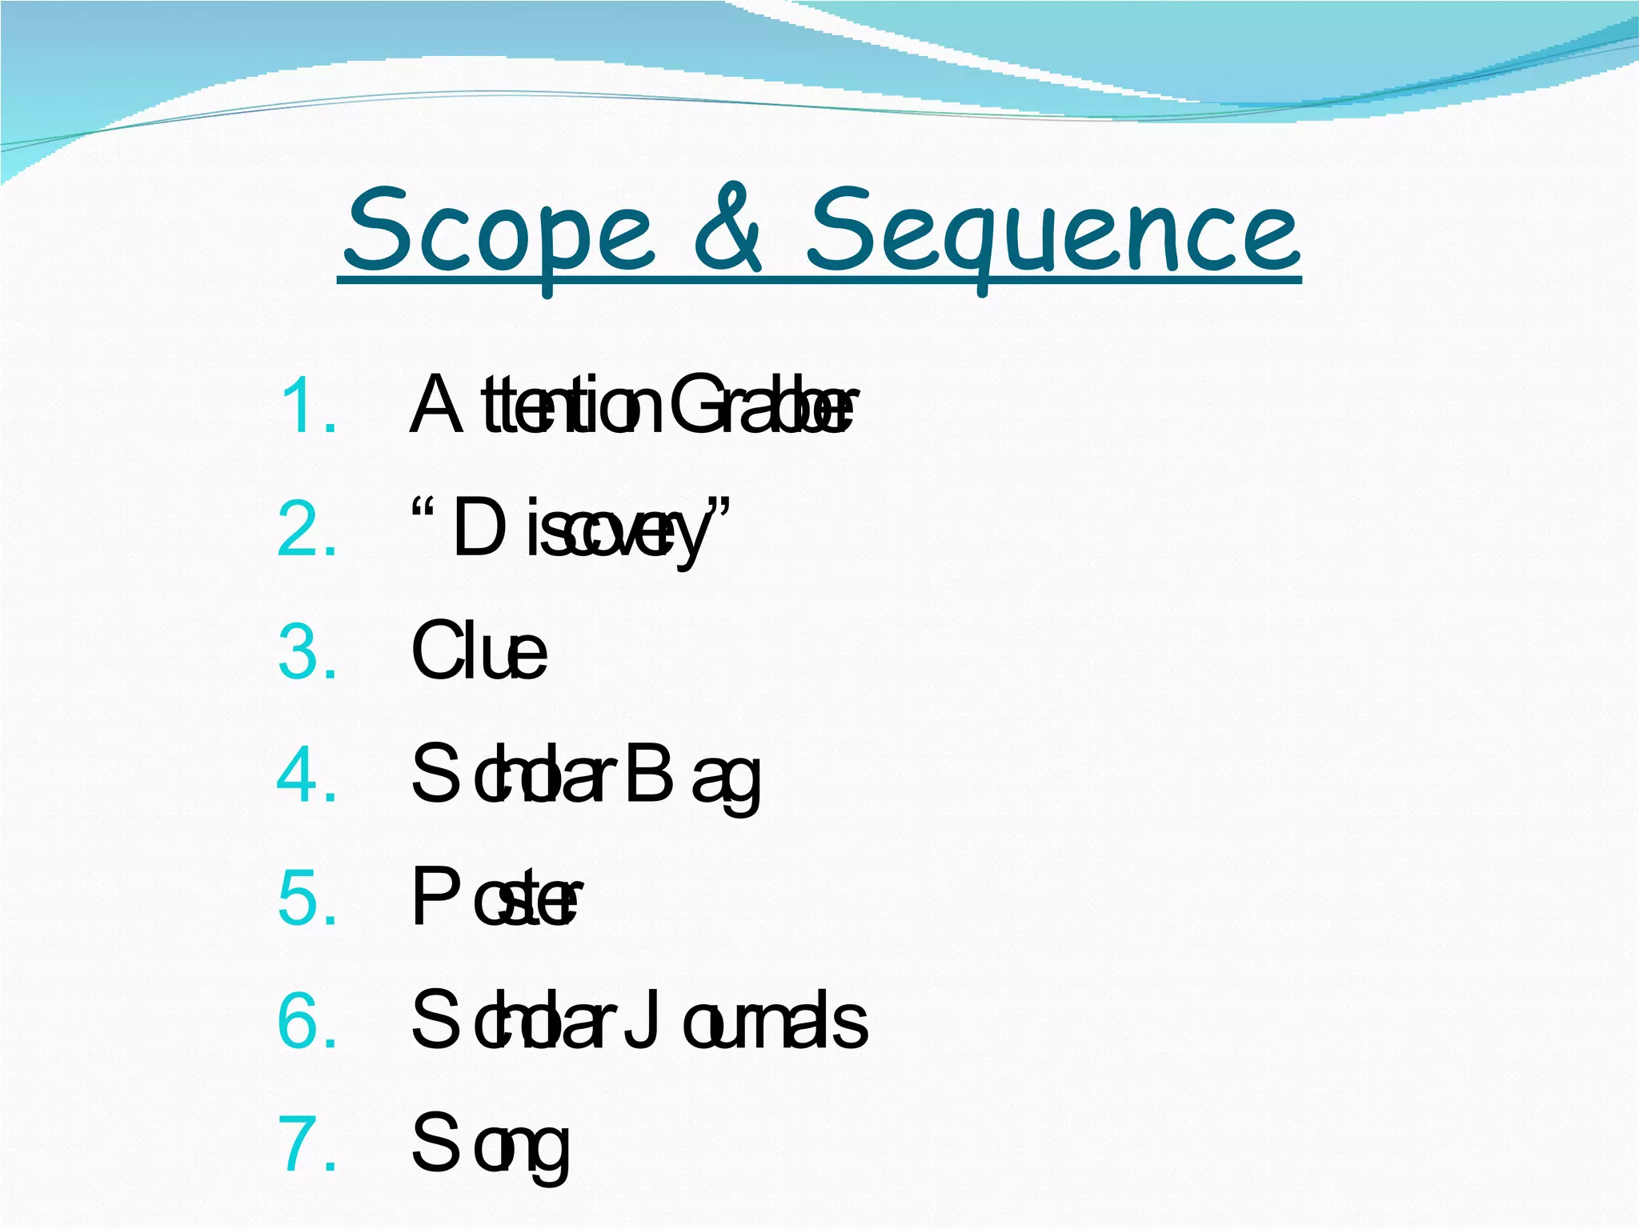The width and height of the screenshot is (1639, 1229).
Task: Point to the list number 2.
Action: pyautogui.click(x=307, y=530)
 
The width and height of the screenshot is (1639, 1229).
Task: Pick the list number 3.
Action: pyautogui.click(x=307, y=653)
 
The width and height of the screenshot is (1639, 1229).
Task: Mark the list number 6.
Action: pyautogui.click(x=307, y=1022)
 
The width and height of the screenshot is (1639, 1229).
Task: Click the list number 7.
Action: pyautogui.click(x=307, y=1144)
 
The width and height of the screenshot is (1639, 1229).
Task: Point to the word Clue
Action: pyautogui.click(x=479, y=653)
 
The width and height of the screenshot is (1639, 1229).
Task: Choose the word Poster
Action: pyautogui.click(x=496, y=899)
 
